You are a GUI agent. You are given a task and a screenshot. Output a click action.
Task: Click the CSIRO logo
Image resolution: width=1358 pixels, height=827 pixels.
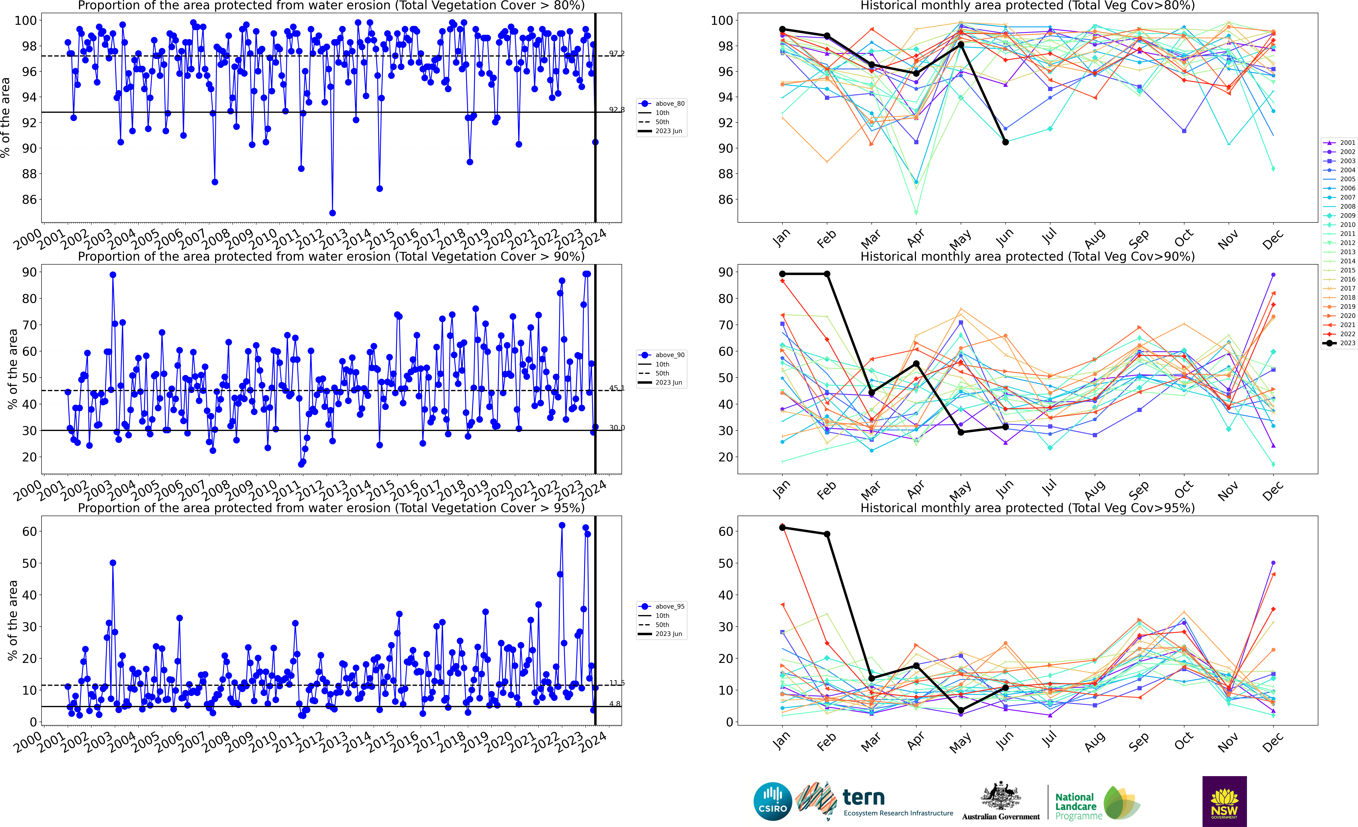[x=773, y=801]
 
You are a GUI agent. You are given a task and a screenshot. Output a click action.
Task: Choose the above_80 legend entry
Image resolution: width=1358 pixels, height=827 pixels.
[x=661, y=104]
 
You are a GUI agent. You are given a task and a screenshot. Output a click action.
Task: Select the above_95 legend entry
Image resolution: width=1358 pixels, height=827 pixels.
[x=661, y=607]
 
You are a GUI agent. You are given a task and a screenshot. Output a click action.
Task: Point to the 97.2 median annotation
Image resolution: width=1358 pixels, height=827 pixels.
[x=617, y=53]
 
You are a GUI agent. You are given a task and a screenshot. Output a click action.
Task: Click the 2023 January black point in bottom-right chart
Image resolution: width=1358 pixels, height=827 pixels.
[x=782, y=528]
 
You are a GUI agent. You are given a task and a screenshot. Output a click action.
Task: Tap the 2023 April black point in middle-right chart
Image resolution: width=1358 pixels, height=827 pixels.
[x=916, y=364]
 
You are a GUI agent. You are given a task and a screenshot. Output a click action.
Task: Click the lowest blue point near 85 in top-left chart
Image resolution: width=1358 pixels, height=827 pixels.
[x=332, y=213]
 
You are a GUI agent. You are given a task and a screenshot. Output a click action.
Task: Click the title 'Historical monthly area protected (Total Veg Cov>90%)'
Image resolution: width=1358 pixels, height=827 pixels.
[x=1027, y=256]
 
